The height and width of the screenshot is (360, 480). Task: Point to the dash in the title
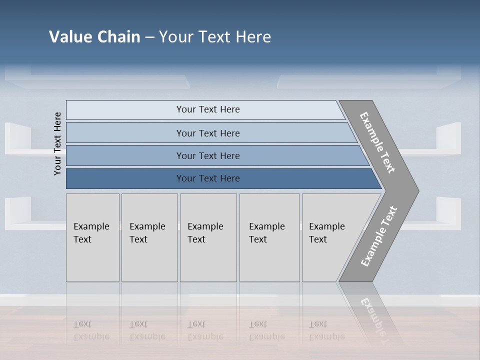point(149,37)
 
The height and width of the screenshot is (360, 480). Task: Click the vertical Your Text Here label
point(57,143)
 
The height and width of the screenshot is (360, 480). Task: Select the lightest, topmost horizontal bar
point(207,109)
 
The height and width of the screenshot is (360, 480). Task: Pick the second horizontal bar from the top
point(207,133)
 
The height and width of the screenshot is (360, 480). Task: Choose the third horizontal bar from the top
point(207,155)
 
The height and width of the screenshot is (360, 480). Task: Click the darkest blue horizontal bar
point(207,178)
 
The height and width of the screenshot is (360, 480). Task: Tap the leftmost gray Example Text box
point(92,237)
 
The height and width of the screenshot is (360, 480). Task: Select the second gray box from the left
point(149,237)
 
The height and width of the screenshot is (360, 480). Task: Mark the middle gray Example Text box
point(208,237)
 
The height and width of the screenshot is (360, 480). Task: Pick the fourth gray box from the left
point(269,237)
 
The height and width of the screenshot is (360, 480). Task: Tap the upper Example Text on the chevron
point(377,142)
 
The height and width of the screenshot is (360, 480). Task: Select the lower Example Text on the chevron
point(379,236)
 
